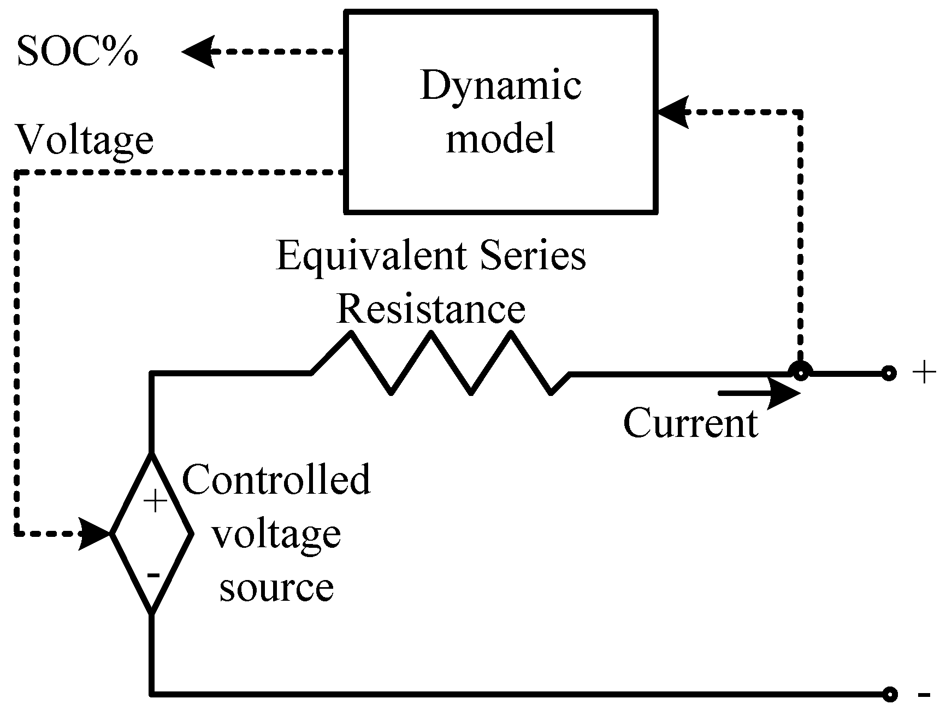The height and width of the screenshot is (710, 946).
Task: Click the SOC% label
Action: click(77, 52)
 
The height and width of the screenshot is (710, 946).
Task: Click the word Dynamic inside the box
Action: click(500, 86)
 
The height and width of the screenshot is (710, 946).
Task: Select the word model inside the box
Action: click(500, 138)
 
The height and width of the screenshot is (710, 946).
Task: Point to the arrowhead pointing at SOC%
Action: click(198, 52)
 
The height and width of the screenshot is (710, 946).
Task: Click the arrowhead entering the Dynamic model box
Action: click(672, 113)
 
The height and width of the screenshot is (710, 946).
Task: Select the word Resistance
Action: click(431, 309)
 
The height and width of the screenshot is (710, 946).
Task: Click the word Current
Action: click(690, 423)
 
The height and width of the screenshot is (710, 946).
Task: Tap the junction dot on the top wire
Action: click(800, 374)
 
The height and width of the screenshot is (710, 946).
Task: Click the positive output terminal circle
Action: click(889, 374)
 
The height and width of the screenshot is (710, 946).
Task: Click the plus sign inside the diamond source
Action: click(156, 501)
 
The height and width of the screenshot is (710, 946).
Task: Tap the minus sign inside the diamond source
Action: click(153, 575)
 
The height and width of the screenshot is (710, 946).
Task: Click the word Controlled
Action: click(276, 480)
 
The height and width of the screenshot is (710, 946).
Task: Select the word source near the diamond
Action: click(276, 588)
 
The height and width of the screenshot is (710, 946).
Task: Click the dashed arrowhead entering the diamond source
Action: click(96, 533)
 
